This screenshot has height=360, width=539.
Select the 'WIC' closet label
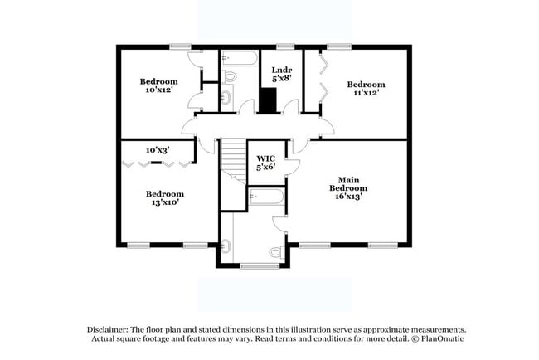point(265,158)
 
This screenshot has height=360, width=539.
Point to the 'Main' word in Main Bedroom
point(347,179)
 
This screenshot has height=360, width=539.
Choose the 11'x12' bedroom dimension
point(366,94)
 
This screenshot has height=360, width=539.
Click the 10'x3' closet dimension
point(158,150)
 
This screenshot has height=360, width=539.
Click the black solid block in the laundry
point(267,100)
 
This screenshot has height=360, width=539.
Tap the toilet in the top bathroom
point(230,77)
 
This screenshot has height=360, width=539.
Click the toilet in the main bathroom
point(276,251)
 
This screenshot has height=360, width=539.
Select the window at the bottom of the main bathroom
point(259,265)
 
